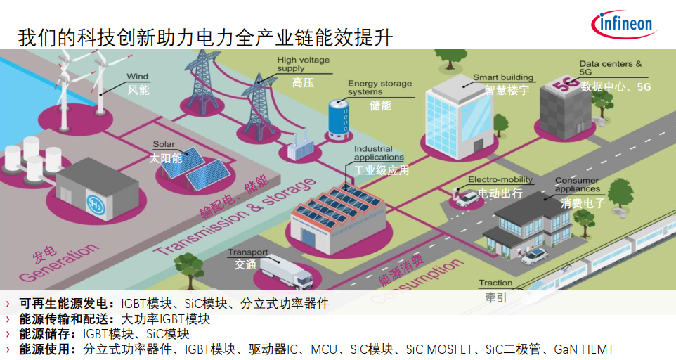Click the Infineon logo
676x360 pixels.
pos(624,24)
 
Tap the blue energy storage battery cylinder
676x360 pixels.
pos(339,119)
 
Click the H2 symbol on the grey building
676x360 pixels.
pos(96,203)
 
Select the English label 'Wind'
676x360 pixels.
pos(138,77)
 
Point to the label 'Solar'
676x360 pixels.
pos(164,144)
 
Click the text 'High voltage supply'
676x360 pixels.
pos(303,64)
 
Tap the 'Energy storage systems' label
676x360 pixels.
pos(380,87)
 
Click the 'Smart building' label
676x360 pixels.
pos(503,77)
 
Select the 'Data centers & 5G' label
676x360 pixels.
pos(610,67)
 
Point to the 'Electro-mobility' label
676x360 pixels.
pos(500,179)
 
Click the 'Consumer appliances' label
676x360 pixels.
pos(578,184)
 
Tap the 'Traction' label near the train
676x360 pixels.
pos(495,283)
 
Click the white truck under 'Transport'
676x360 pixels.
pos(286,271)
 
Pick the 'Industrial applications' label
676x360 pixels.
pos(379,153)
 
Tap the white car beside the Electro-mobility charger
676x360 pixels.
pos(467,198)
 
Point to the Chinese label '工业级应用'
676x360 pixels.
pos(381,170)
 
